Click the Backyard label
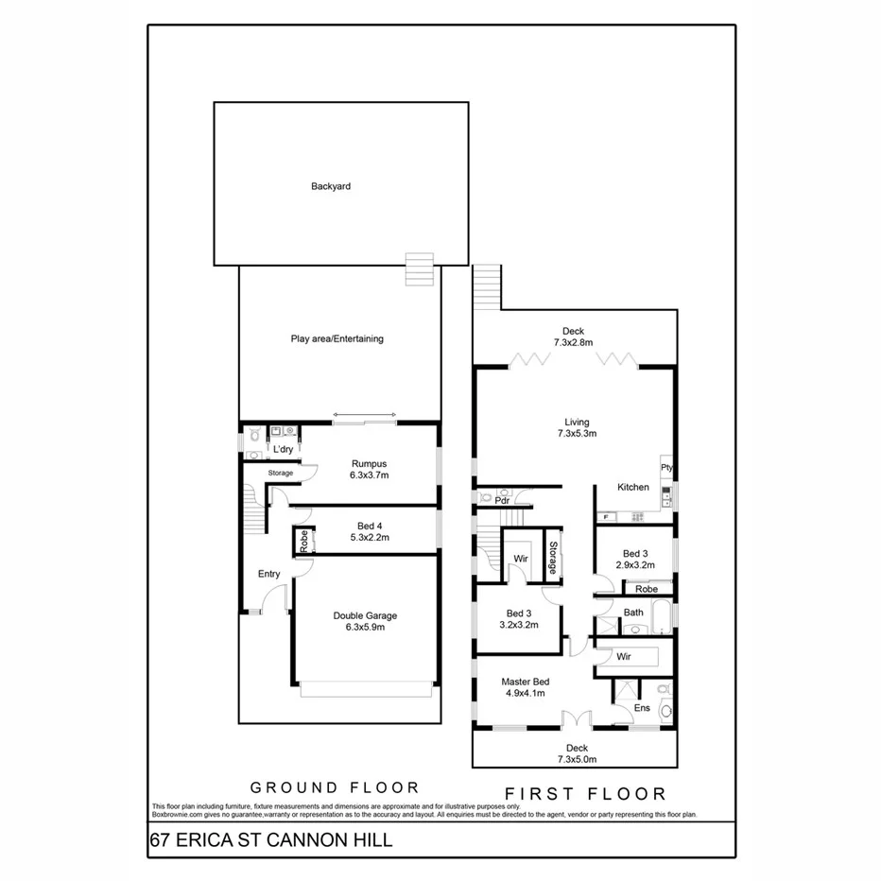click(x=331, y=187)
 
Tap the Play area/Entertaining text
click(x=337, y=338)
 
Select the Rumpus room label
click(x=370, y=463)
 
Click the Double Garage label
click(x=365, y=616)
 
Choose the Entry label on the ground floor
click(x=269, y=574)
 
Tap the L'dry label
click(x=282, y=449)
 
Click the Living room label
click(x=577, y=423)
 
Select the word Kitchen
click(x=633, y=488)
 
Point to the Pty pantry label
click(x=666, y=468)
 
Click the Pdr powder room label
click(x=489, y=502)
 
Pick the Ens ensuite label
click(x=642, y=708)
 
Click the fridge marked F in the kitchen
click(x=606, y=517)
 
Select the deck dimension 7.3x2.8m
click(x=573, y=342)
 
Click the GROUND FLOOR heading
click(x=334, y=786)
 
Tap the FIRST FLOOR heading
click(x=585, y=793)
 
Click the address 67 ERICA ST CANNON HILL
click(x=270, y=840)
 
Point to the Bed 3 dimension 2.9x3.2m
click(x=634, y=565)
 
